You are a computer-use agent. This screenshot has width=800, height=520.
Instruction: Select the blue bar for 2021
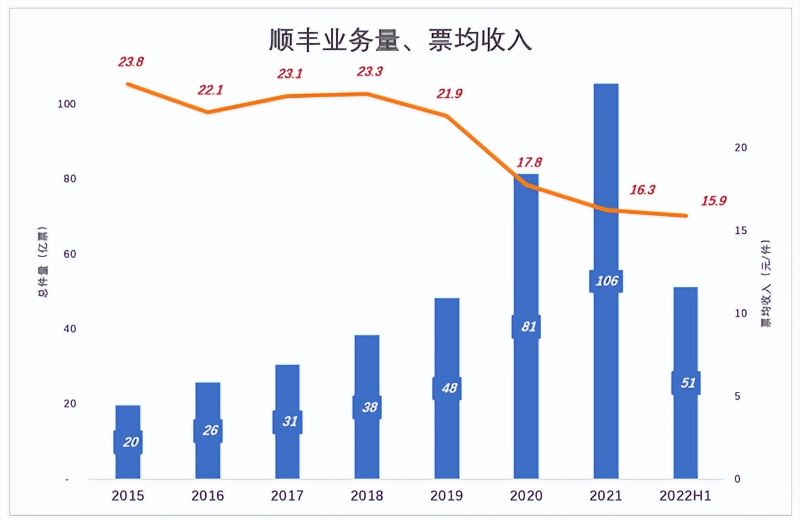pos(606,182)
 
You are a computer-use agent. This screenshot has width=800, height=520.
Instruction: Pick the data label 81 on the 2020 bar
pos(526,327)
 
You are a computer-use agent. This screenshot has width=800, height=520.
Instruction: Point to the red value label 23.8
pos(131,61)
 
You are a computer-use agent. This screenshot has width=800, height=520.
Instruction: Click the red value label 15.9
pos(713,200)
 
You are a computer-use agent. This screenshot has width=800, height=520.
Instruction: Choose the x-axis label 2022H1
pos(685,496)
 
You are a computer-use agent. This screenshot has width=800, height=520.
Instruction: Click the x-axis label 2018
pos(367,496)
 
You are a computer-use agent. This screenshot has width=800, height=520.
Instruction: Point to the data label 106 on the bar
pos(606,281)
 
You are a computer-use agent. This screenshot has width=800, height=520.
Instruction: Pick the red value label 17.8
pos(529,162)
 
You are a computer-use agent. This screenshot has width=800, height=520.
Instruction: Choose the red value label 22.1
pos(210,91)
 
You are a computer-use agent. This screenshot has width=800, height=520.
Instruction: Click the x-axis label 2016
pos(208,496)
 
